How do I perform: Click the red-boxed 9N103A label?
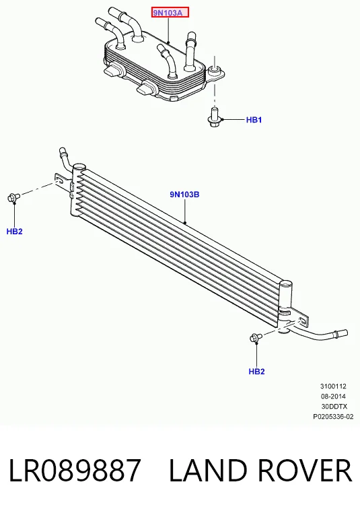tap(170, 13)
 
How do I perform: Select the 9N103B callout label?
tap(184, 195)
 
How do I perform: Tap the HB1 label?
tap(254, 120)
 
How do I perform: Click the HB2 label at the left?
tap(14, 232)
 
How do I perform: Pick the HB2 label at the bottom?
tap(257, 372)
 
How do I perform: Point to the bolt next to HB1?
tap(214, 118)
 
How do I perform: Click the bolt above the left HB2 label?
tap(13, 197)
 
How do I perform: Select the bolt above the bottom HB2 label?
tap(256, 338)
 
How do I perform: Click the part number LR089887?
tap(75, 470)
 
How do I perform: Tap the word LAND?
tap(208, 470)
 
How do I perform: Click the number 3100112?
tap(333, 386)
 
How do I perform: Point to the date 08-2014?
tap(333, 397)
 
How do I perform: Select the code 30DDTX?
tap(334, 407)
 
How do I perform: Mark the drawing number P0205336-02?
tap(333, 417)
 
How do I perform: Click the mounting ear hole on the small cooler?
tap(214, 69)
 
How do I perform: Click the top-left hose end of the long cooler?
tap(62, 152)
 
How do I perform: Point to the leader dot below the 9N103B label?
tap(185, 224)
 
